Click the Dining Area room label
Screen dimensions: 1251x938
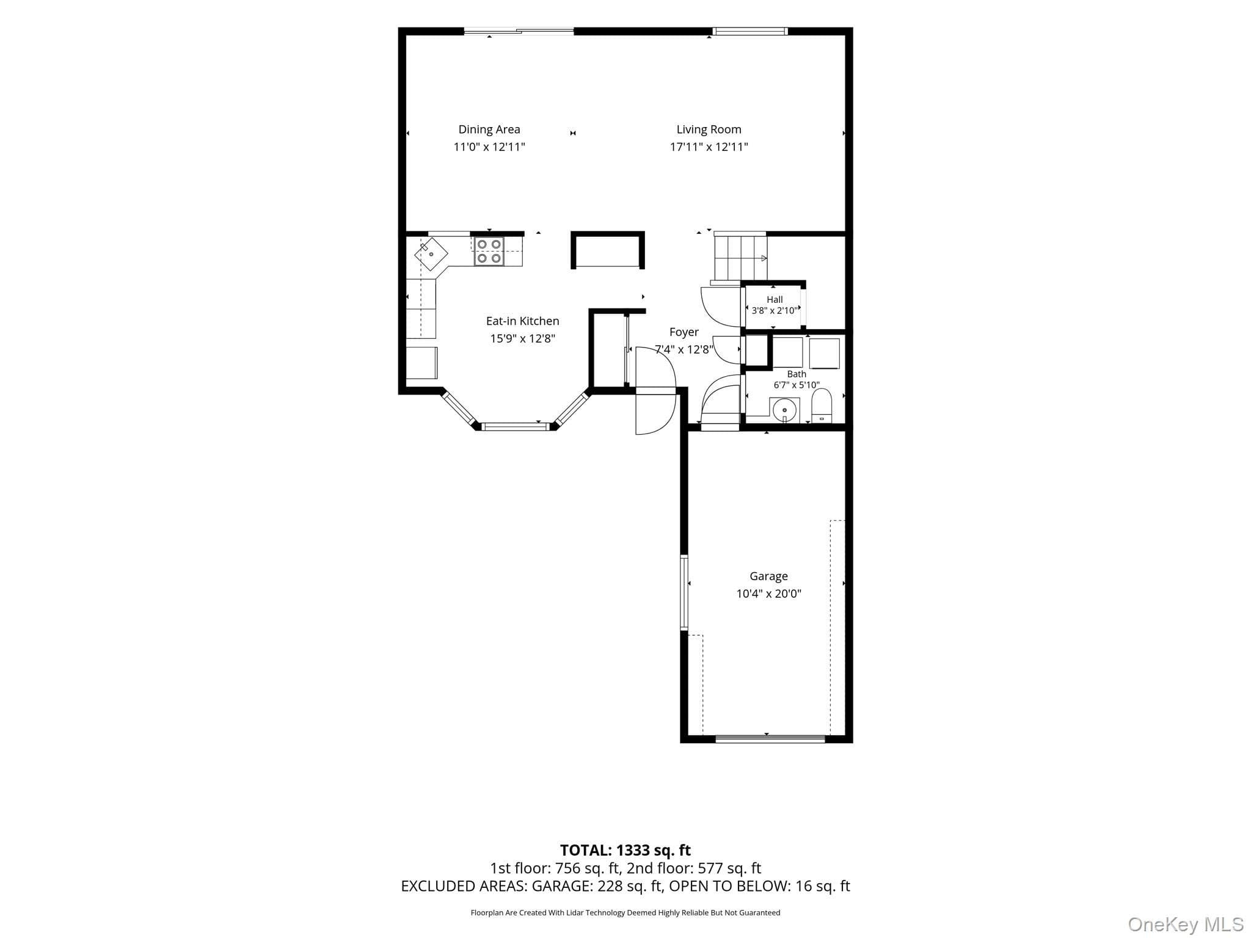489,129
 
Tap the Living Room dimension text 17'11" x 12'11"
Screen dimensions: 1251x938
709,147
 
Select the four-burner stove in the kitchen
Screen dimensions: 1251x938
489,251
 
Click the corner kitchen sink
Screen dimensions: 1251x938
431,253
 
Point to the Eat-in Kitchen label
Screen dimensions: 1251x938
522,321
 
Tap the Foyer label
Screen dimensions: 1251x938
684,332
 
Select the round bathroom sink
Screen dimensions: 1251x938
784,409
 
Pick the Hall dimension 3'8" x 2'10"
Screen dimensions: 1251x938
774,310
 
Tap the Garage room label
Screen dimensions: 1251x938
768,576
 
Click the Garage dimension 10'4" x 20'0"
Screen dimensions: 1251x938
768,594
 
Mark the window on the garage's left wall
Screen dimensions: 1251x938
684,592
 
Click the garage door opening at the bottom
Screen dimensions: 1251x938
770,739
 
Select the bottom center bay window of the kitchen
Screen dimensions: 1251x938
516,426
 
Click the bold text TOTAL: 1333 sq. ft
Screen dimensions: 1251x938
625,850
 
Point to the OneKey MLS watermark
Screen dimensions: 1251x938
1186,925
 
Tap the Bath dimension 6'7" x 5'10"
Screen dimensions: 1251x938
797,385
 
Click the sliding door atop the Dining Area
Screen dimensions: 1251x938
519,31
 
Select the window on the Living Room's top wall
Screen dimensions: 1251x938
750,31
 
